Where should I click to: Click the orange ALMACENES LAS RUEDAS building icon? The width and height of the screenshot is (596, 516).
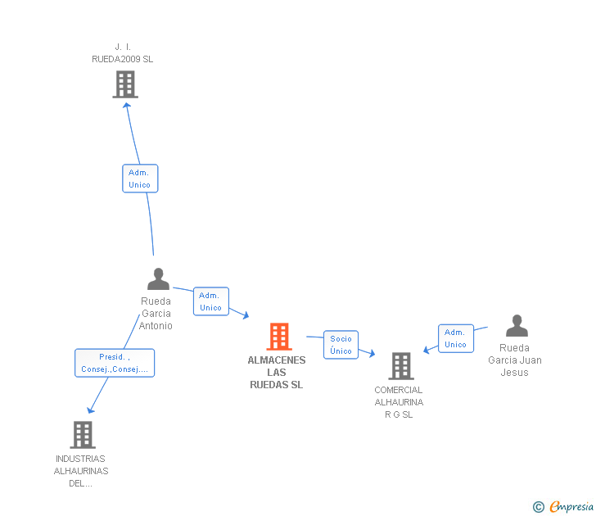tap(279, 337)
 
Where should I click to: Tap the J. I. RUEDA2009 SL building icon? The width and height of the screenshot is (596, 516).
tap(125, 84)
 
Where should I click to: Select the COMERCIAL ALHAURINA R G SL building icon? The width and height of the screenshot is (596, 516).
tap(401, 366)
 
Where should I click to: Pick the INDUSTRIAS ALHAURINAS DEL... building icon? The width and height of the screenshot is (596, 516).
tap(83, 435)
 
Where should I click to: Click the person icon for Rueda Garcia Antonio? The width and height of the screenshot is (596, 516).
tap(158, 279)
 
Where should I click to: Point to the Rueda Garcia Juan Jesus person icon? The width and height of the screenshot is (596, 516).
tap(517, 326)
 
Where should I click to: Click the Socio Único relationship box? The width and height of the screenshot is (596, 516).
tap(341, 345)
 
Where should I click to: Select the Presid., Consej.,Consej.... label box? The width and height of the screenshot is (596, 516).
tap(115, 363)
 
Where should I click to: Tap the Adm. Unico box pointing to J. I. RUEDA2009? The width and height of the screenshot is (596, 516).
tap(140, 179)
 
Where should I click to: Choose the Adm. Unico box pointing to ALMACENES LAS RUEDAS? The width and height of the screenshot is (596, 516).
tap(211, 301)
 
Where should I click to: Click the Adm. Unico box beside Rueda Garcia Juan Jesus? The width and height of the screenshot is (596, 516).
tap(456, 338)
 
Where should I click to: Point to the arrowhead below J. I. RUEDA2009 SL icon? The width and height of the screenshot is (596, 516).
tap(127, 106)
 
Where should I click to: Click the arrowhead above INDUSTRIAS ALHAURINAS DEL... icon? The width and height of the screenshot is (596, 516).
tap(90, 410)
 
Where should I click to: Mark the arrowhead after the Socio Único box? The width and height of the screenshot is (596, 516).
tap(372, 353)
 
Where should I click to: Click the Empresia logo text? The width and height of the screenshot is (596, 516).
tap(571, 507)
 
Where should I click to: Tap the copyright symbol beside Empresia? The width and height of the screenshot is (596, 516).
tap(538, 507)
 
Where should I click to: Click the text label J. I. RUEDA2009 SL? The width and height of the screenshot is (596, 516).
tap(123, 53)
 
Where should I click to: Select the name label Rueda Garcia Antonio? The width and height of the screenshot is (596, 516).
tap(156, 314)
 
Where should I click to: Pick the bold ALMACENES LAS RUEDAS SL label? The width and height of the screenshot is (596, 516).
tap(277, 373)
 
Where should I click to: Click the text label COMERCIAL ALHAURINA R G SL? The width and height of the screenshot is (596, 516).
tap(399, 402)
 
